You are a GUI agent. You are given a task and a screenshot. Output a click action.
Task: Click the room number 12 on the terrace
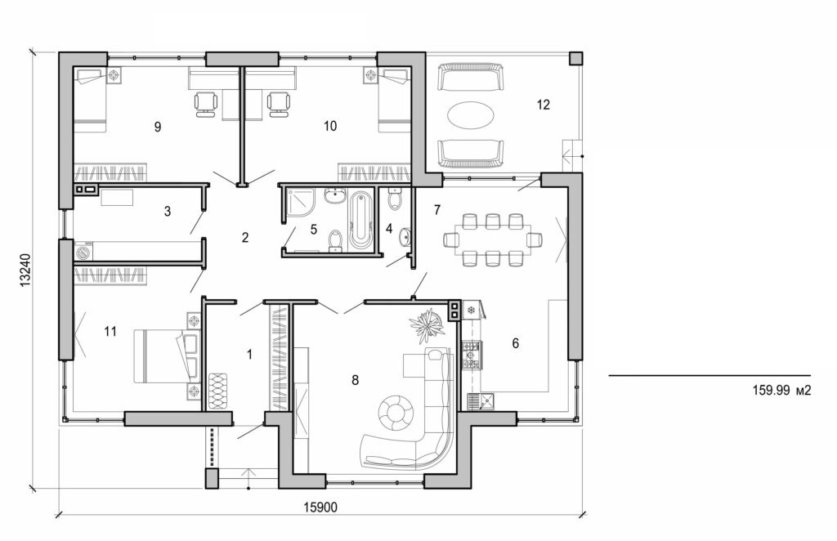(x=544, y=105)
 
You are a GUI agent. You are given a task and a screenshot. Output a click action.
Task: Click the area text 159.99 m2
(x=781, y=391)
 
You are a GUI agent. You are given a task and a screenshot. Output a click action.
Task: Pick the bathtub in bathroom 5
(x=360, y=220)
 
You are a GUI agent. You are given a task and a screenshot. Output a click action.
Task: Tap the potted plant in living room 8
(x=427, y=324)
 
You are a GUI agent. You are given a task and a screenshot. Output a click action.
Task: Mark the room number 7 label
(x=437, y=211)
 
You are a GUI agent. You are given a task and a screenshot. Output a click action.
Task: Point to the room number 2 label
(x=244, y=238)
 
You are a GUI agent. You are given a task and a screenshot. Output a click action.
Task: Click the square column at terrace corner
(x=576, y=59)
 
